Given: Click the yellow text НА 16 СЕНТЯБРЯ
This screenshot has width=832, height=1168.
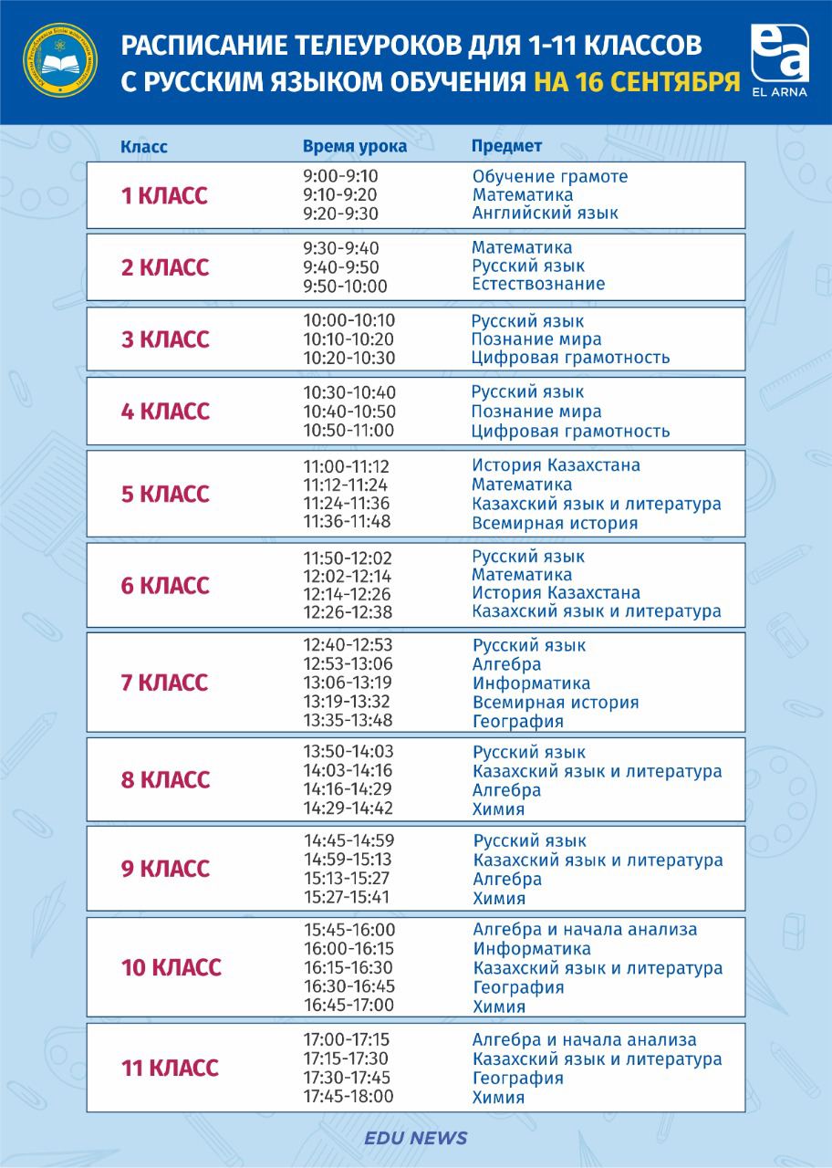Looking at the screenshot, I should pyautogui.click(x=636, y=82).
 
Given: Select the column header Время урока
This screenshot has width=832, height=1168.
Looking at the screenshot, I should pyautogui.click(x=355, y=146).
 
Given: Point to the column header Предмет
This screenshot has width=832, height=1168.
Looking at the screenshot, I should pyautogui.click(x=506, y=146).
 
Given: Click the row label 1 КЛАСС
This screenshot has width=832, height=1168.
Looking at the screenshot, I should pyautogui.click(x=165, y=195).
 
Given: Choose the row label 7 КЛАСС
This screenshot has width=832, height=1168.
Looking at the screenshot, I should pyautogui.click(x=165, y=683).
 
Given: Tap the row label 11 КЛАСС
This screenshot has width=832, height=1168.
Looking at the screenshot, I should pyautogui.click(x=170, y=1068).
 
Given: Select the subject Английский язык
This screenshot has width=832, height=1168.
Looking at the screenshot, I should pyautogui.click(x=546, y=213).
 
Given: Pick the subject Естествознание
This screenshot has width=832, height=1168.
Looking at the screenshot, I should pyautogui.click(x=538, y=284).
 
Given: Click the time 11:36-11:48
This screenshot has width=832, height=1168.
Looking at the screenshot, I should pyautogui.click(x=347, y=522).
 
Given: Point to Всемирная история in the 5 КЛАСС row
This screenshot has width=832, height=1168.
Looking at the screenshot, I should pyautogui.click(x=555, y=523).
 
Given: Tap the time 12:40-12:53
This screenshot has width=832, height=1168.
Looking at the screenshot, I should pyautogui.click(x=348, y=644).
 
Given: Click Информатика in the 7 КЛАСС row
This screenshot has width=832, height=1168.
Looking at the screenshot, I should pyautogui.click(x=531, y=683).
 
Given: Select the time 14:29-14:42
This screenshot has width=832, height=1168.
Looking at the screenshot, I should pyautogui.click(x=348, y=808).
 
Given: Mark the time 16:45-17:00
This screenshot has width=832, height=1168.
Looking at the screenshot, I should pyautogui.click(x=348, y=1006).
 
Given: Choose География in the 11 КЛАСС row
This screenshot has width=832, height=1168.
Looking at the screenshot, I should pyautogui.click(x=517, y=1078).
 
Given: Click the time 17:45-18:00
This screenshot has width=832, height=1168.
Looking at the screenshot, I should pyautogui.click(x=348, y=1096).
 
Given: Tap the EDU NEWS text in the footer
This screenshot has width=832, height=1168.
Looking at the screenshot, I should pyautogui.click(x=415, y=1138).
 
